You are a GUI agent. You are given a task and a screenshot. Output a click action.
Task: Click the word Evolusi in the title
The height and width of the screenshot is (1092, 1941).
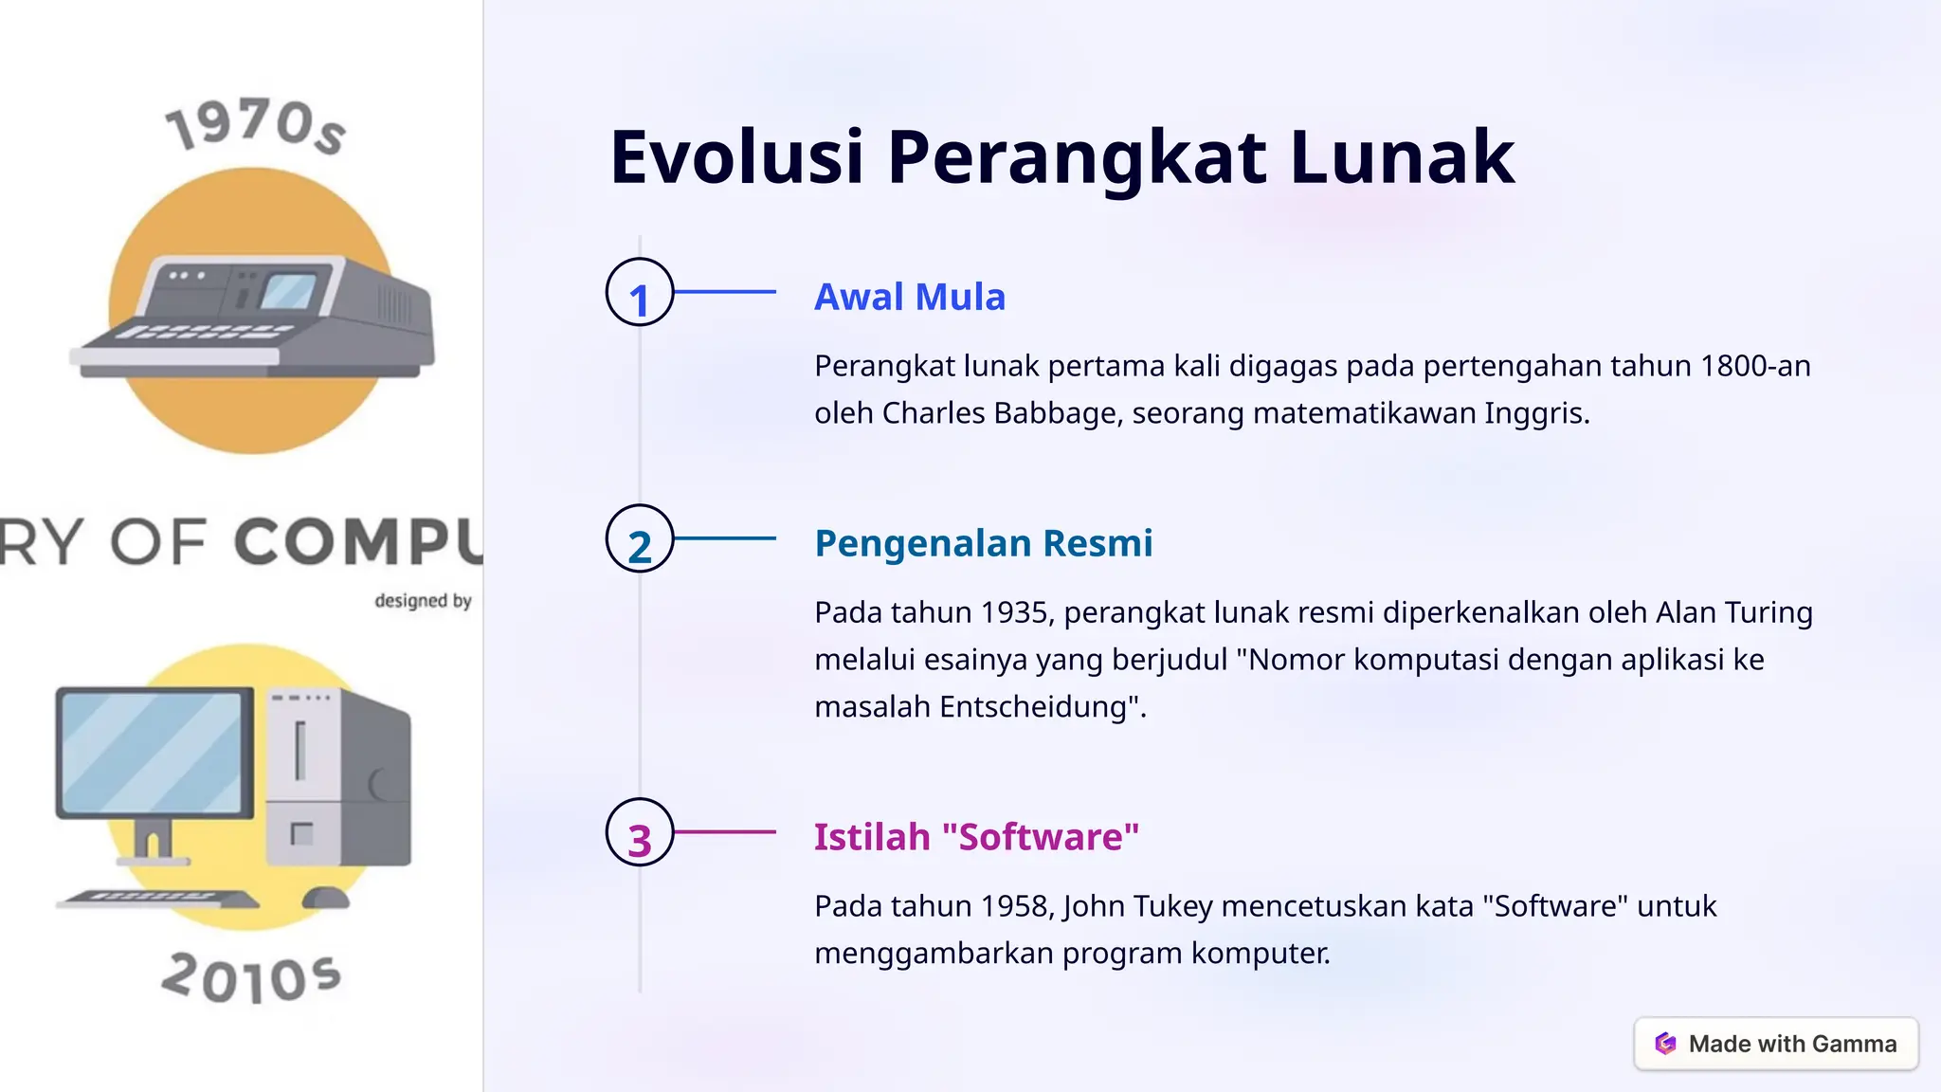pos(736,156)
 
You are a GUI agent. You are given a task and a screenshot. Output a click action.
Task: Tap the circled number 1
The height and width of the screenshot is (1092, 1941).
pos(640,293)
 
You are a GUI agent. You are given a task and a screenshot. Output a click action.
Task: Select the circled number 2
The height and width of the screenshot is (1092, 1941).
pos(640,539)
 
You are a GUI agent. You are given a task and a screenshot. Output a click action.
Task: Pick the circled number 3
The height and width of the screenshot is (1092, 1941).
pos(640,833)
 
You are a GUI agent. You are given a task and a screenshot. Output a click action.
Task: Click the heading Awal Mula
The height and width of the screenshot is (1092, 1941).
pos(909,298)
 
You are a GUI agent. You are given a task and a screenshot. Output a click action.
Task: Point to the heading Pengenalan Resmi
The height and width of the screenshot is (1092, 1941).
pos(983,544)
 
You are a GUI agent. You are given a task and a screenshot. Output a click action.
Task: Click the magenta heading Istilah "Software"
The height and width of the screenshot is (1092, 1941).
pos(976,838)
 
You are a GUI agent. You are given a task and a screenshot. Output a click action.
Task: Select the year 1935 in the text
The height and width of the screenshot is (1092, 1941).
pos(1014,613)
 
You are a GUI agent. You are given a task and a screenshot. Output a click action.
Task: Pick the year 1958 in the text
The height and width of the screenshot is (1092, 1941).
pos(1014,907)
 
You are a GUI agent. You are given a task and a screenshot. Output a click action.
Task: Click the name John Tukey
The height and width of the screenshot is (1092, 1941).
pos(1137,907)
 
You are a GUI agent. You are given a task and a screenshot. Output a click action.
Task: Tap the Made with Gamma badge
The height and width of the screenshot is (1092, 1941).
pos(1776,1044)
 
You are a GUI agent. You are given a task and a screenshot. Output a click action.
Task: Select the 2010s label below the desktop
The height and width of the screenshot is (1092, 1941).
pos(251,978)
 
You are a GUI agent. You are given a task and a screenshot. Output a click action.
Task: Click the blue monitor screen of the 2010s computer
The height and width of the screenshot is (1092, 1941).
pos(152,752)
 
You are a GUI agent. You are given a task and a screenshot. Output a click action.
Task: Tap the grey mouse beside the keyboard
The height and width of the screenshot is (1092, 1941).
pos(325,897)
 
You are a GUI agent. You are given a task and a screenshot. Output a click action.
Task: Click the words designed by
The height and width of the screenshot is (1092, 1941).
pos(423,601)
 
